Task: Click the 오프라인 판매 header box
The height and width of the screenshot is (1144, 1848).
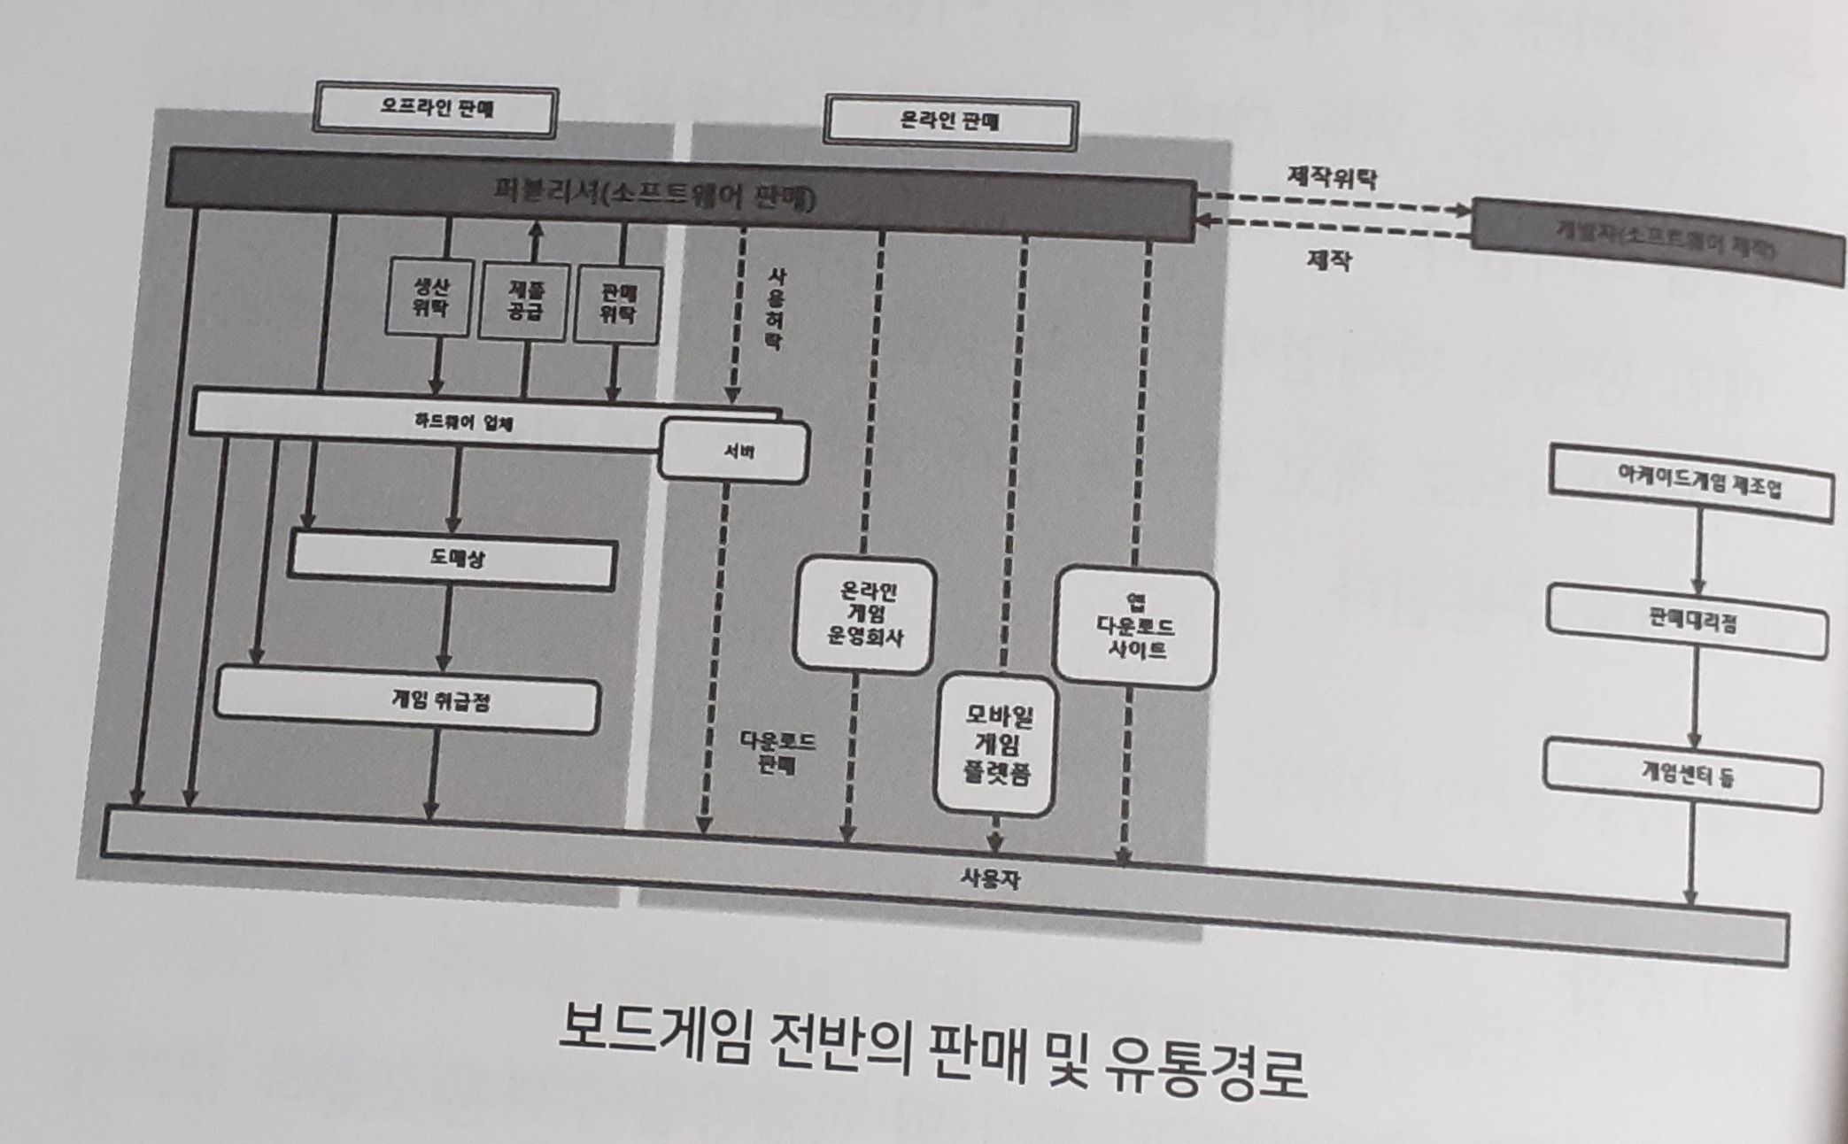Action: tap(437, 111)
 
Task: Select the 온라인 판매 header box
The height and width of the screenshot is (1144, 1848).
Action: tap(949, 122)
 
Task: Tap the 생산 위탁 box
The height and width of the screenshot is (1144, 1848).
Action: tap(430, 297)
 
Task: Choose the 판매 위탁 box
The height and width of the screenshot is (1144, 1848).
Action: tap(617, 305)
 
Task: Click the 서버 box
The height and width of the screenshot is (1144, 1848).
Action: tap(734, 452)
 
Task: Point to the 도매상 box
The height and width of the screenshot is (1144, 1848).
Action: tap(452, 560)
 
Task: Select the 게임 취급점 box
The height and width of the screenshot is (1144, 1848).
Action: tap(407, 703)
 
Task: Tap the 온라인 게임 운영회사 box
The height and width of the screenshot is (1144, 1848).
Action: tap(864, 615)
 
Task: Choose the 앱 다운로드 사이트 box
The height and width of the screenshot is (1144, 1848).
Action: tap(1136, 627)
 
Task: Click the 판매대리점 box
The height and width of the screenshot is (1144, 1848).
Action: tap(1688, 622)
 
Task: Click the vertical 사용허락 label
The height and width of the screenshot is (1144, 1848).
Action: tap(774, 310)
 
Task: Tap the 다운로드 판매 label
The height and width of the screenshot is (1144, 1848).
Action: tap(776, 753)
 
